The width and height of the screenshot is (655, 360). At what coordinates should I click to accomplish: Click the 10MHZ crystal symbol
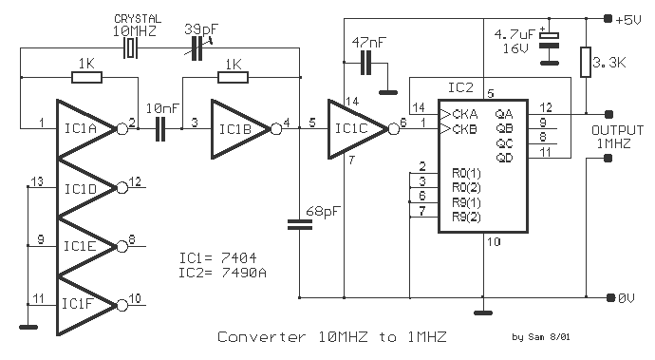point(131,48)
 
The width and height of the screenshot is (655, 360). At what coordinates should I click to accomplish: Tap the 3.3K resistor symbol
point(586,63)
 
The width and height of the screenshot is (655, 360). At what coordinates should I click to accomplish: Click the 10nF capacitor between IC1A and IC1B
point(160,129)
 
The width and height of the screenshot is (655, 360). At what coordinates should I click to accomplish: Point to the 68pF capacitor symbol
point(300,225)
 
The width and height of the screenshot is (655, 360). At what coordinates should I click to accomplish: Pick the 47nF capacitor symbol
point(365,63)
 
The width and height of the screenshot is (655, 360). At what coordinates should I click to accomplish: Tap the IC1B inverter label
point(235,129)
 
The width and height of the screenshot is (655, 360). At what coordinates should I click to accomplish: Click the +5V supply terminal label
point(628,19)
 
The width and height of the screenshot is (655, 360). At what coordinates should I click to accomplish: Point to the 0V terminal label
point(627,297)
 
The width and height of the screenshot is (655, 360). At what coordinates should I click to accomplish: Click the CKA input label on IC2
point(465,114)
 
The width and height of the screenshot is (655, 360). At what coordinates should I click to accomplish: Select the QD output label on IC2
point(505,158)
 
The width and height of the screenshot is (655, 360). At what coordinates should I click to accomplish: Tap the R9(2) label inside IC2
point(466,217)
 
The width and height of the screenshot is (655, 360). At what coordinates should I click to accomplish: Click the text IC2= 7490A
point(223,273)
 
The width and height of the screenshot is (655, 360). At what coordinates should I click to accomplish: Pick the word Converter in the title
point(262,336)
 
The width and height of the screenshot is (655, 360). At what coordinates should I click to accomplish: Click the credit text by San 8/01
point(541,336)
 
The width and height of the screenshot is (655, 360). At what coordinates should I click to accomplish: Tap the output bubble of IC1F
point(122,306)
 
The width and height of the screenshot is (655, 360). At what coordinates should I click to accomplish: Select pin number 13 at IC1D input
point(37,181)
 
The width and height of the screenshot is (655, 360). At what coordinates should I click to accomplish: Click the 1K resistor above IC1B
point(234,77)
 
